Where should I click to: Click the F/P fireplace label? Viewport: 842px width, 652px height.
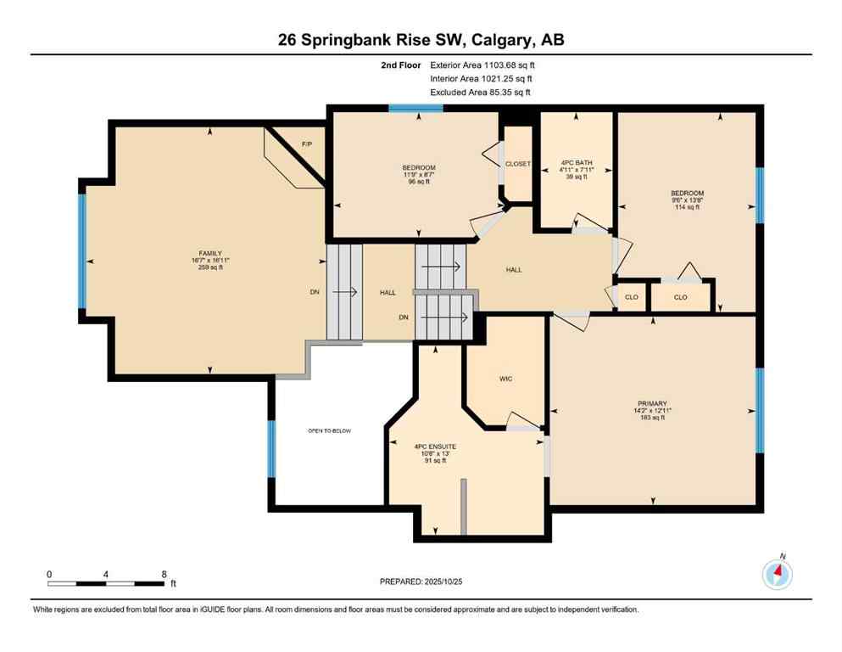(x=307, y=145)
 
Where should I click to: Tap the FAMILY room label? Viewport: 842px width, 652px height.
(x=210, y=253)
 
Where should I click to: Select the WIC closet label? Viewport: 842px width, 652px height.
(x=506, y=379)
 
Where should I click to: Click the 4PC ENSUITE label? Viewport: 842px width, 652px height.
(x=435, y=446)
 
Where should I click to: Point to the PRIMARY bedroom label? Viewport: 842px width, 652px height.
(x=653, y=403)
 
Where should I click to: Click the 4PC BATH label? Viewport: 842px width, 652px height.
(x=577, y=162)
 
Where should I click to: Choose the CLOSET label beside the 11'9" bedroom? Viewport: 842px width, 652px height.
(x=518, y=164)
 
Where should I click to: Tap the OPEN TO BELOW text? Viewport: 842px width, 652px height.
(x=329, y=431)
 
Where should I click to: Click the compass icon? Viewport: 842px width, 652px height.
(x=777, y=575)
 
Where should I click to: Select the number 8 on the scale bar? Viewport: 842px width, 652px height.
(x=164, y=574)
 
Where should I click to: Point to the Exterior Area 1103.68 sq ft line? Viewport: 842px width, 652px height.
(x=482, y=65)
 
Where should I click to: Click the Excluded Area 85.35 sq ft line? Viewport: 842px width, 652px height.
(x=480, y=92)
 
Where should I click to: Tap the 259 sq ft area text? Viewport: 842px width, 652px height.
(x=210, y=267)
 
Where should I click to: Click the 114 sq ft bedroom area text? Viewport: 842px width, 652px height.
(x=687, y=207)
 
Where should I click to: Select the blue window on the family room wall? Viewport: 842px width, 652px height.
(x=82, y=251)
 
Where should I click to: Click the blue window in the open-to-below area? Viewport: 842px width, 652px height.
(x=271, y=448)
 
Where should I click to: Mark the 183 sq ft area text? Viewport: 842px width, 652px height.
(x=653, y=417)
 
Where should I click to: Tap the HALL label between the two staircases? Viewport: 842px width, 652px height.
(x=388, y=293)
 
